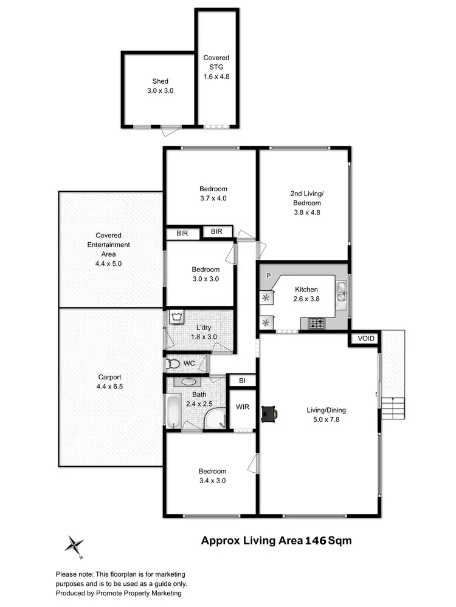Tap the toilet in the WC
pyautogui.click(x=173, y=364)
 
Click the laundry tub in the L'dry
pyautogui.click(x=177, y=317)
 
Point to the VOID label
pyautogui.click(x=366, y=339)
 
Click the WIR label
pyautogui.click(x=243, y=406)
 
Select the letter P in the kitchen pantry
pyautogui.click(x=268, y=276)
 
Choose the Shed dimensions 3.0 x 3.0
pyautogui.click(x=161, y=90)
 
